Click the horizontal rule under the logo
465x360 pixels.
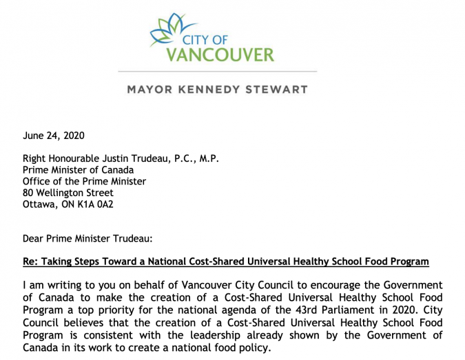[218, 71]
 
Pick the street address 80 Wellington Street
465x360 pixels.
[68, 193]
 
